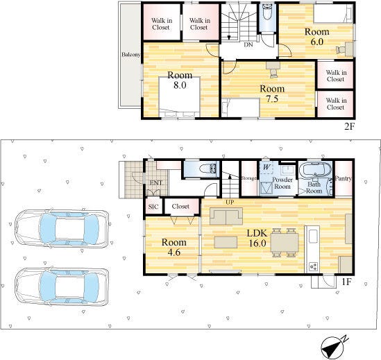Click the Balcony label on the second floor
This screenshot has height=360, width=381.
click(130, 54)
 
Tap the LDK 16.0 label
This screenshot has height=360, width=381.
click(257, 238)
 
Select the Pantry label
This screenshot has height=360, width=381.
click(344, 178)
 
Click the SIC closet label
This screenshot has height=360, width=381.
click(153, 207)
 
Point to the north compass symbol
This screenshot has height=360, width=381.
click(333, 346)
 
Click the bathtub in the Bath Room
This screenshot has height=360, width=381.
click(315, 169)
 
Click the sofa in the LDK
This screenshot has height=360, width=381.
click(226, 216)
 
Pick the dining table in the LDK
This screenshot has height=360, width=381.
click(285, 243)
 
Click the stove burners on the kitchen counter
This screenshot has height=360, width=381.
click(313, 266)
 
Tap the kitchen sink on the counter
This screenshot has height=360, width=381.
click(313, 237)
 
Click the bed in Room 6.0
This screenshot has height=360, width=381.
click(333, 14)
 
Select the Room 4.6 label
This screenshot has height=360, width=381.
click(174, 248)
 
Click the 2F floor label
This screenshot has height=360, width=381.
click(349, 126)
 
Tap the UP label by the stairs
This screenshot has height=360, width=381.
click(230, 202)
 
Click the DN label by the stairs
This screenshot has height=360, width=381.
click(248, 44)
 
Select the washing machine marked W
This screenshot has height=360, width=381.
click(266, 167)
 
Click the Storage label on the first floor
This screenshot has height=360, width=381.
click(248, 178)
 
